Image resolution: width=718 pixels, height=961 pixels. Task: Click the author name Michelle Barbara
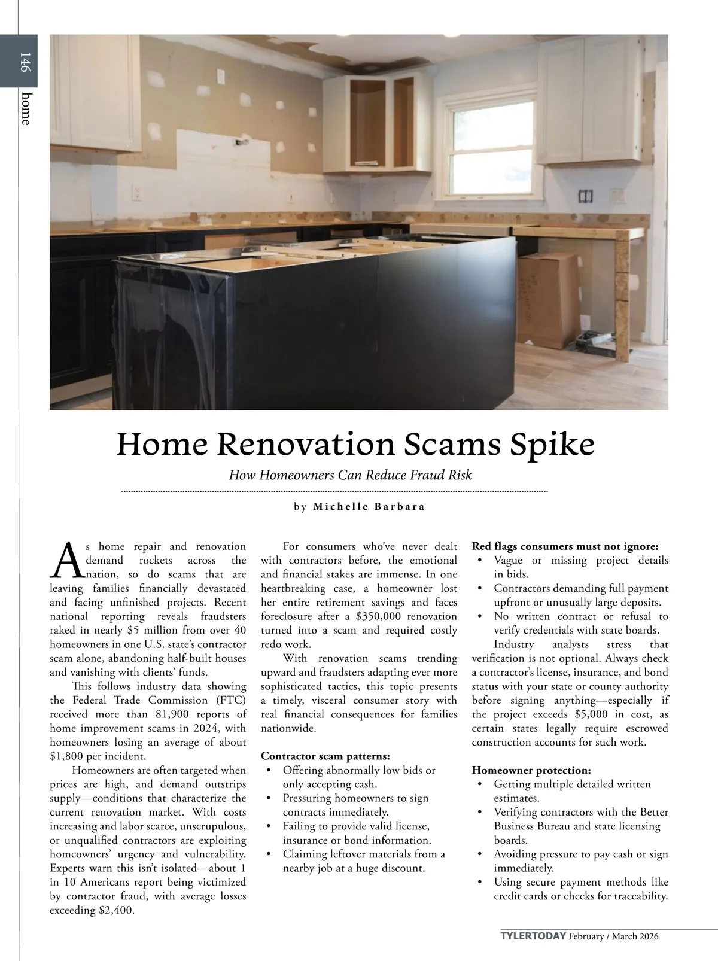(x=369, y=507)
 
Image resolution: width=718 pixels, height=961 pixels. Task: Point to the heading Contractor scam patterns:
(x=325, y=756)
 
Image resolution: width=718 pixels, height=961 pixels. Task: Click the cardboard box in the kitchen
(x=547, y=299)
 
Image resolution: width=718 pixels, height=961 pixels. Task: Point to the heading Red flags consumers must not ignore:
(x=565, y=546)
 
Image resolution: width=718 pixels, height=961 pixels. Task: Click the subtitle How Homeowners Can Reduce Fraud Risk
(x=351, y=475)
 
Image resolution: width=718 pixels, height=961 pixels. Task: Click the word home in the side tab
(x=25, y=108)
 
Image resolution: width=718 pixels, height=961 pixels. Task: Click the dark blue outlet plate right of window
(x=585, y=196)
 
